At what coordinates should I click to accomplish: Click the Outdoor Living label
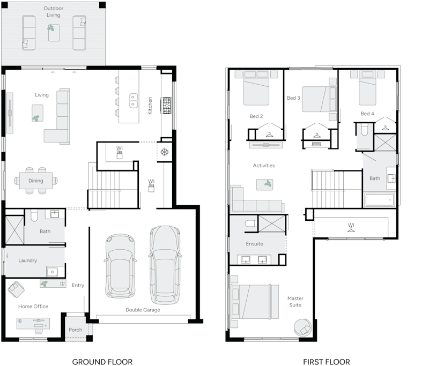(53, 12)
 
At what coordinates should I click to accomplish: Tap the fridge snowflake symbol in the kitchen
(165, 152)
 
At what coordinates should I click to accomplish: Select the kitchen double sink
(134, 100)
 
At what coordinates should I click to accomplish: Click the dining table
(36, 181)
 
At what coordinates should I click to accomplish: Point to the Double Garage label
(143, 310)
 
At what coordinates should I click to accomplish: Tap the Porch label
(76, 330)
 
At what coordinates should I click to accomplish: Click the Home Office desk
(33, 323)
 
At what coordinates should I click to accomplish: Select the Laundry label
(27, 260)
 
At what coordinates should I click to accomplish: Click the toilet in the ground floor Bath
(33, 215)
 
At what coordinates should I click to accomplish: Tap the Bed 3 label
(293, 98)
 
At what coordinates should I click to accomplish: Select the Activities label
(264, 166)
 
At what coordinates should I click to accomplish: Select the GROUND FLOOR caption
(102, 362)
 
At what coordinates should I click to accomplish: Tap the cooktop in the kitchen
(167, 105)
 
